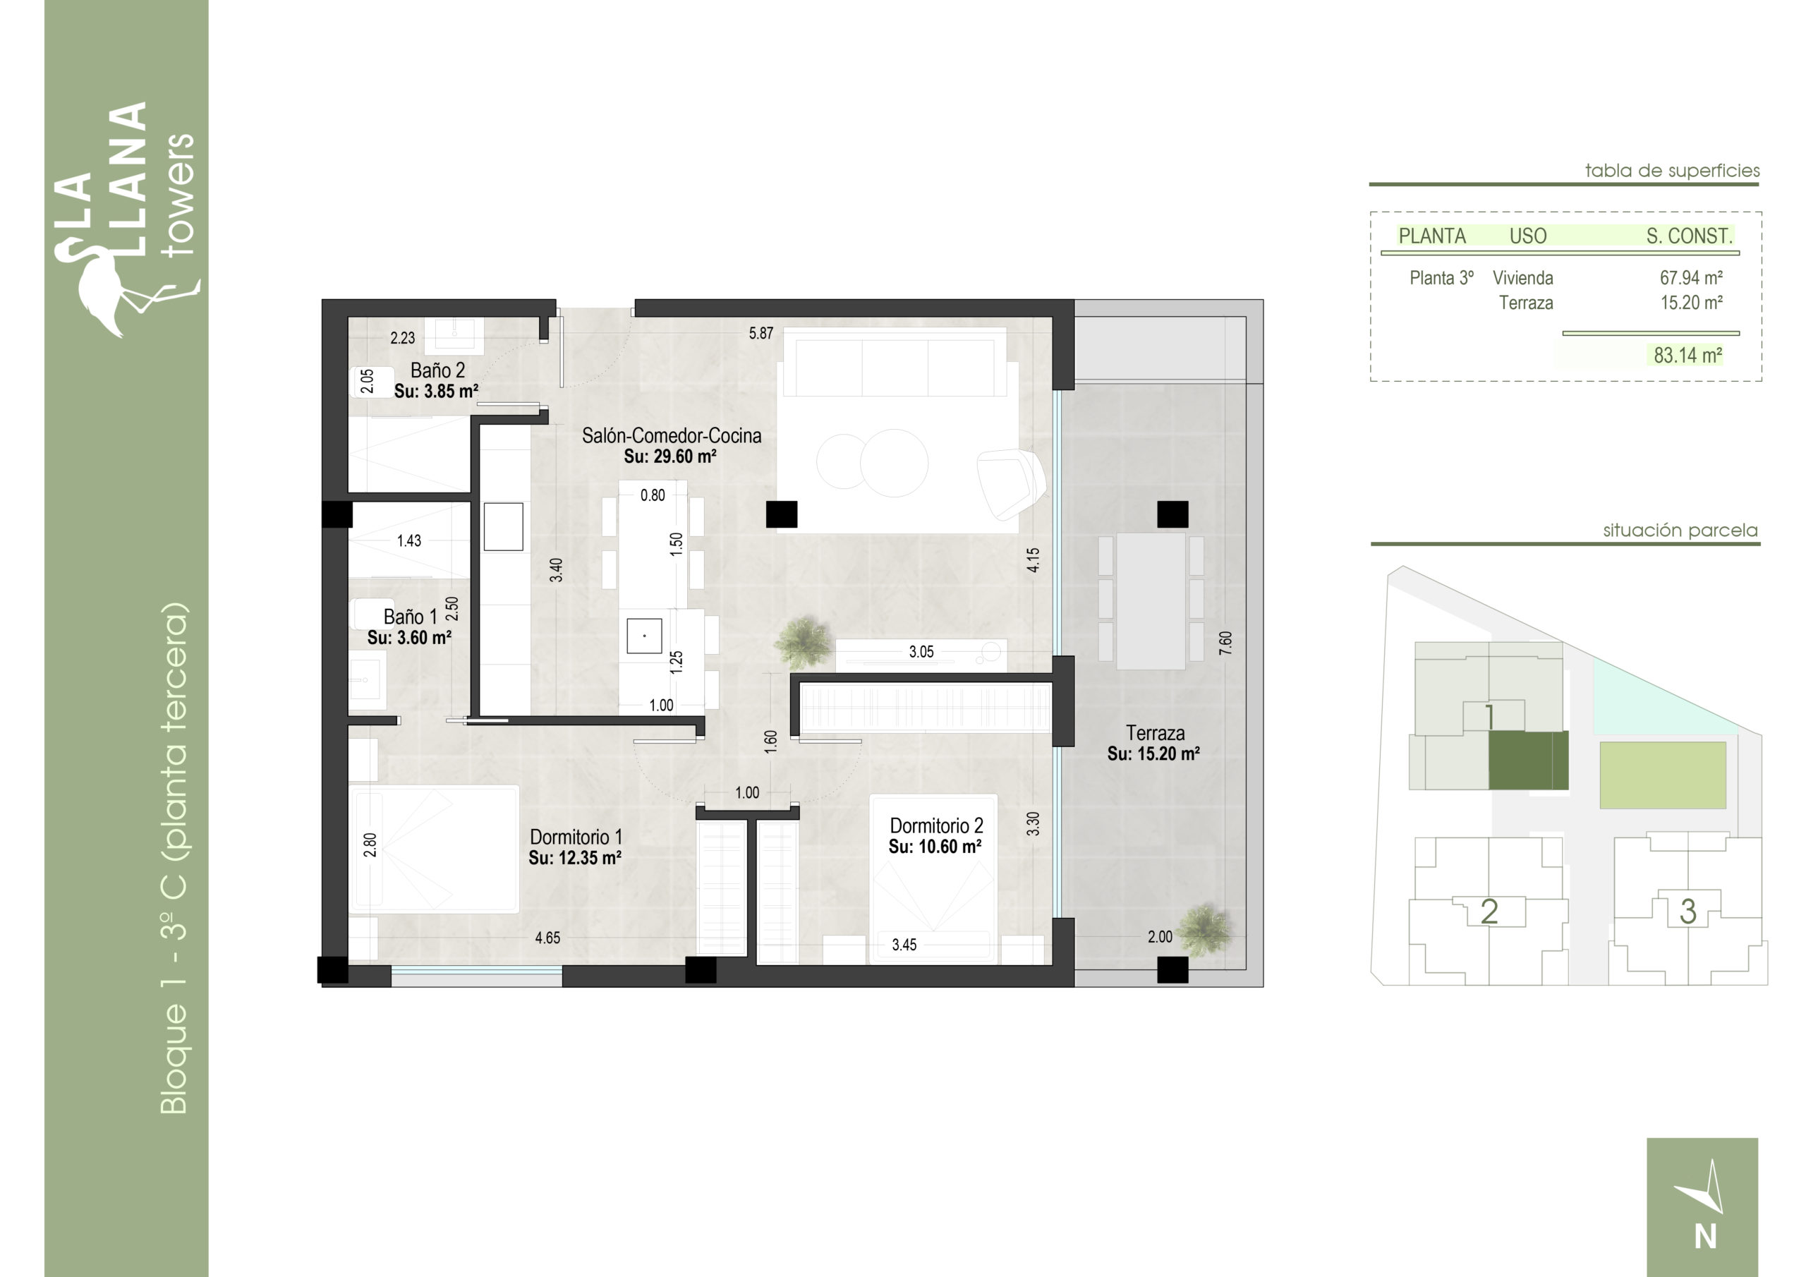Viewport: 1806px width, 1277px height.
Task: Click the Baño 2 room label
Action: tap(437, 370)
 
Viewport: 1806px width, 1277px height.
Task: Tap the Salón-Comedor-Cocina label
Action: tap(671, 435)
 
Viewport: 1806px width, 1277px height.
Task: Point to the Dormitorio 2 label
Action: tap(936, 825)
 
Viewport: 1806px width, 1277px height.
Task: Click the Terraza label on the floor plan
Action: tap(1155, 732)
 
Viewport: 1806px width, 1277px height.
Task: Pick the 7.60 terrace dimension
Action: tap(1225, 643)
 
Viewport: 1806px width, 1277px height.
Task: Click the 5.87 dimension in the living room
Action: tap(760, 333)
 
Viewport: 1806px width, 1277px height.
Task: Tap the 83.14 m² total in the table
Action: tap(1688, 355)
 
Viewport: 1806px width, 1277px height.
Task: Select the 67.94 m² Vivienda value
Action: tap(1691, 278)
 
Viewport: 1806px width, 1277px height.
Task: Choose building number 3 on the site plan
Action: tap(1687, 911)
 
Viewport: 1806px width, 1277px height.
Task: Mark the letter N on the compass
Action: tap(1705, 1237)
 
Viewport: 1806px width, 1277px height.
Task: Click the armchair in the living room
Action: tap(1011, 483)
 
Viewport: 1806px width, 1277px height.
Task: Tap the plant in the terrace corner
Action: tap(1205, 931)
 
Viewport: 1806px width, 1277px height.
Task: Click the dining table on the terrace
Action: tap(1151, 601)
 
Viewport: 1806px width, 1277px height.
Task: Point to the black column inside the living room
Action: tap(782, 514)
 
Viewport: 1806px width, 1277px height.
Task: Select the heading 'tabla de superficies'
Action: tap(1672, 170)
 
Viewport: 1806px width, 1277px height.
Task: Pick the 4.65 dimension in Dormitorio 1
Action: tap(547, 937)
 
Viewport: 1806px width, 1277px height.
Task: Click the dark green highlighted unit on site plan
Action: tap(1528, 760)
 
